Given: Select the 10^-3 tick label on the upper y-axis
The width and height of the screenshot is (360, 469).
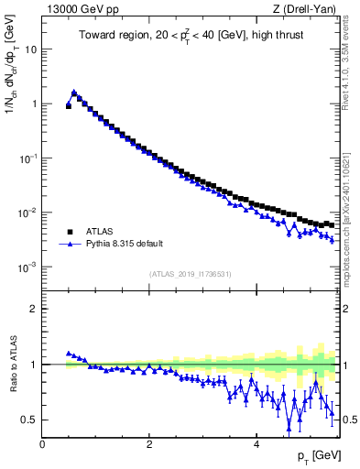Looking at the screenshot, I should click(x=27, y=267).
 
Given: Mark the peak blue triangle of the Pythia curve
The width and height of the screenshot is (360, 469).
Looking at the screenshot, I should click(x=74, y=92).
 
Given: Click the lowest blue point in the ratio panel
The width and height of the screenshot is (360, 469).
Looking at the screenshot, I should click(x=289, y=426).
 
